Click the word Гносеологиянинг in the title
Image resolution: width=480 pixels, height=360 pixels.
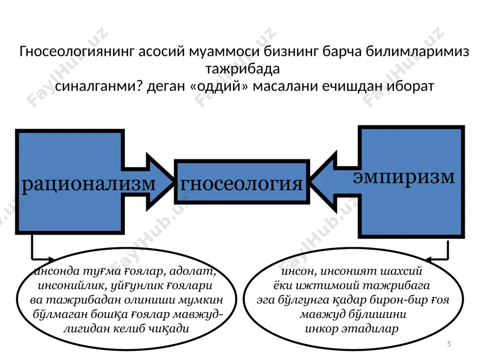point(77,52)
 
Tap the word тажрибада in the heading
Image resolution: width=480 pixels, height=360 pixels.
point(242,69)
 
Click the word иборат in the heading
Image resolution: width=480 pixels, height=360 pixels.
point(410,86)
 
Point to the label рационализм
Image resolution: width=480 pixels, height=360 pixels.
point(88,184)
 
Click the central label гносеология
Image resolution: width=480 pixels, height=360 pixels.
point(241,184)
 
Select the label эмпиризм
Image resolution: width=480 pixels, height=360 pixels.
point(404,178)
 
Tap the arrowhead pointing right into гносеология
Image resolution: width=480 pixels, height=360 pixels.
point(160,182)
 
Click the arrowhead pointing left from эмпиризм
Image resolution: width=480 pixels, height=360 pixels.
point(323,181)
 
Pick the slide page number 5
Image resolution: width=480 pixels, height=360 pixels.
point(449,344)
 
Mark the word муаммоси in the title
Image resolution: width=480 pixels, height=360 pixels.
point(225,52)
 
